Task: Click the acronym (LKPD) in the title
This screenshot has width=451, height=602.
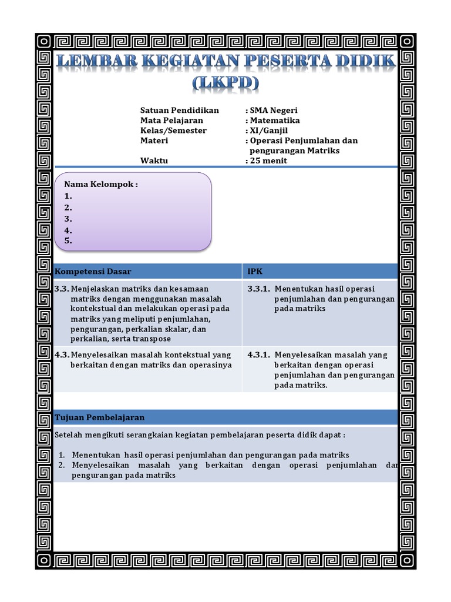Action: point(225,83)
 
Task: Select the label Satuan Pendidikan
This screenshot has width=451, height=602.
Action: point(180,111)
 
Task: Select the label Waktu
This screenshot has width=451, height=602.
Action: point(154,160)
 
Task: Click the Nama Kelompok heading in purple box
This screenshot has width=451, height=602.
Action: point(101,185)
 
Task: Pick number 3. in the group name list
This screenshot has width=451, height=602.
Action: point(68,219)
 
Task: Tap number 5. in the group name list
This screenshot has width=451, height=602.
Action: point(68,240)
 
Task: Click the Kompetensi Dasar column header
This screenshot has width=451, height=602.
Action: point(93,272)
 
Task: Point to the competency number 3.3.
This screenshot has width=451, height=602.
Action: point(62,289)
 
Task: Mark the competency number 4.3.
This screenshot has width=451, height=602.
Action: point(62,355)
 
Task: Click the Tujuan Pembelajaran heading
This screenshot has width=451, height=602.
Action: point(99,417)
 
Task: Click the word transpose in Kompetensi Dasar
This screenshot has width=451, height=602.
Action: point(152,339)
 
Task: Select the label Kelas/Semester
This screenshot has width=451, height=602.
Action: point(173,131)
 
